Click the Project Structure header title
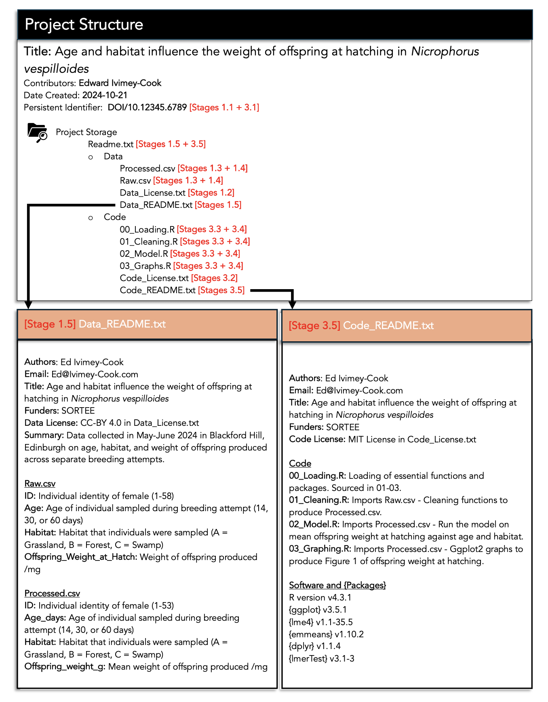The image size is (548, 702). tap(84, 25)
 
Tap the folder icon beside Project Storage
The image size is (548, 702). tap(37, 133)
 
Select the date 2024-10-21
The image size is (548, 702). tap(105, 95)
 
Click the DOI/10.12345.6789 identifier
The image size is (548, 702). tap(147, 108)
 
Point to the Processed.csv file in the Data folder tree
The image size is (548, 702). tap(147, 169)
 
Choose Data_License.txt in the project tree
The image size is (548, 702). tap(152, 193)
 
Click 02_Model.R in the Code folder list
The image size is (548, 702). tap(143, 254)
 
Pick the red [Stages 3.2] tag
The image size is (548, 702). tap(214, 278)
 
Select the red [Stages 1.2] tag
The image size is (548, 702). tap(211, 193)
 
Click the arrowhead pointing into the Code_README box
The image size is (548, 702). tap(292, 304)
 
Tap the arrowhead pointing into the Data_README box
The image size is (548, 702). tap(28, 304)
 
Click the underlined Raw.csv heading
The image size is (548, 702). tap(40, 484)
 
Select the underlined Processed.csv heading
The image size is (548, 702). tap(52, 594)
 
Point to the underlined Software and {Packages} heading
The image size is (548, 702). tap(337, 586)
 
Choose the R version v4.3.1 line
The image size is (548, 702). tap(320, 598)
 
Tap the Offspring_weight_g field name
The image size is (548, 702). tap(65, 667)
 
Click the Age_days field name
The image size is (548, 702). tap(45, 618)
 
